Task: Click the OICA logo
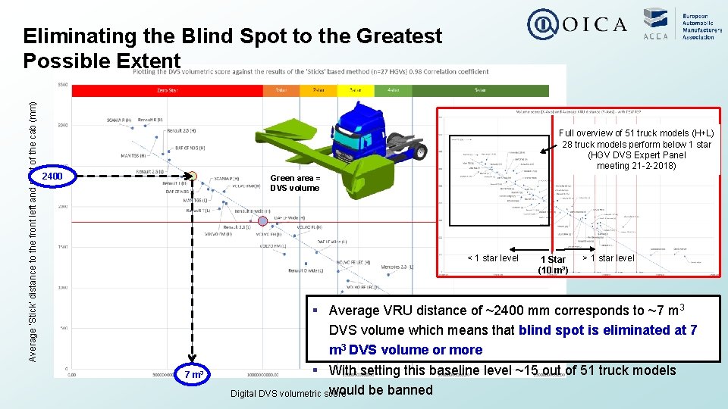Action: pos(578,24)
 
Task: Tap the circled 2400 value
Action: pos(52,177)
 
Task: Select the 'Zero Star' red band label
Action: pos(167,89)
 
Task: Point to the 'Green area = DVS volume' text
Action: pos(295,183)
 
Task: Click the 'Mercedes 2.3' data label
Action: pos(397,267)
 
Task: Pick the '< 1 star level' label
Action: pos(493,258)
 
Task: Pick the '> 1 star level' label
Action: pos(608,258)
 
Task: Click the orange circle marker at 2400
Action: pos(193,178)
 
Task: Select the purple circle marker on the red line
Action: pos(263,220)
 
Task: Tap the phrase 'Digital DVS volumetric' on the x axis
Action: pos(276,394)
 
